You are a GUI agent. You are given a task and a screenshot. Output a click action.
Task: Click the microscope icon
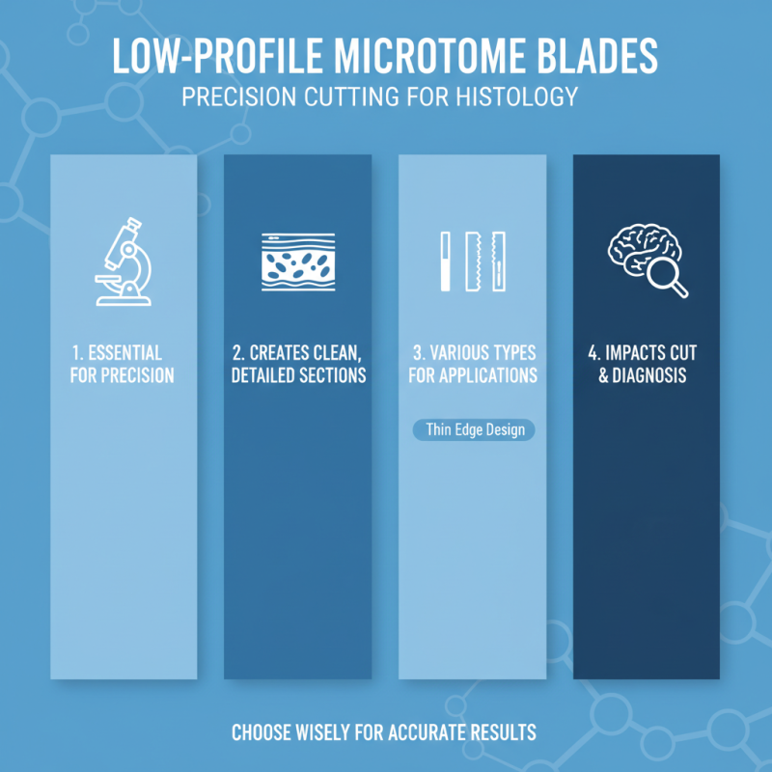pyautogui.click(x=123, y=262)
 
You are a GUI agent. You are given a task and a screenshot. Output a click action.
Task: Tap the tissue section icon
pyautogui.click(x=298, y=262)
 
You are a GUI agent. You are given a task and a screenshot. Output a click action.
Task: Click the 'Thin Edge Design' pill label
pyautogui.click(x=474, y=430)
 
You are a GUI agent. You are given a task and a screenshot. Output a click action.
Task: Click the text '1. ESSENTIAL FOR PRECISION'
pyautogui.click(x=123, y=364)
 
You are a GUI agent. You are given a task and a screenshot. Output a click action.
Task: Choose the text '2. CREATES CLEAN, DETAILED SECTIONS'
pyautogui.click(x=298, y=364)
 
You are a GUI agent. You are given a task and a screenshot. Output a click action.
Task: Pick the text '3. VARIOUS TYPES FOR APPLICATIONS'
pyautogui.click(x=473, y=364)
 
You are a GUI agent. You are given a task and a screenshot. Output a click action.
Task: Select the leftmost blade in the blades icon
pyautogui.click(x=446, y=262)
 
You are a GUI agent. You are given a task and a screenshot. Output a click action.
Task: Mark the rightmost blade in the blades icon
pyautogui.click(x=499, y=262)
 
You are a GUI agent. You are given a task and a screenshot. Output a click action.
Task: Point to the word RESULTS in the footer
pyautogui.click(x=508, y=733)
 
